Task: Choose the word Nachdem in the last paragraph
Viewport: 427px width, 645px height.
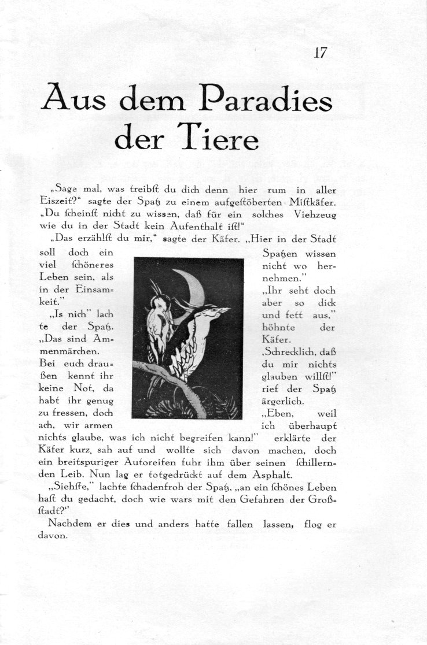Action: tap(72, 524)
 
